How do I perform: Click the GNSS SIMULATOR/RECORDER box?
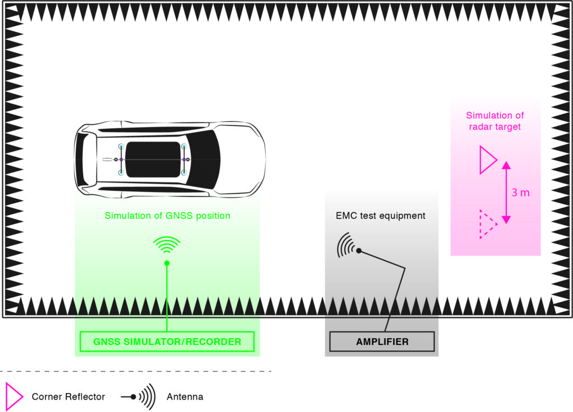(x=167, y=341)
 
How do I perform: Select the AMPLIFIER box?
(x=382, y=341)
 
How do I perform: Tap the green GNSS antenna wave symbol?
(x=167, y=245)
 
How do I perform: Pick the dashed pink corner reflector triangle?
(x=487, y=224)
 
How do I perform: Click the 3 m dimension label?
(x=520, y=193)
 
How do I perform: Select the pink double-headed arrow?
(x=506, y=192)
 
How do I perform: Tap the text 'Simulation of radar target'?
(x=495, y=121)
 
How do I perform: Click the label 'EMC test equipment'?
(x=381, y=216)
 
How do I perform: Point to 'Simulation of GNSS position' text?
(x=167, y=216)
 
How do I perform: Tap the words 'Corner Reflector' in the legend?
(x=68, y=397)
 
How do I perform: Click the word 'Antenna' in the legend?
(x=185, y=397)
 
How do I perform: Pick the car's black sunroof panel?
(x=152, y=160)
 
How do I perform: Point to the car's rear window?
(x=84, y=160)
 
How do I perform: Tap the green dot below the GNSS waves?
(x=167, y=263)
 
